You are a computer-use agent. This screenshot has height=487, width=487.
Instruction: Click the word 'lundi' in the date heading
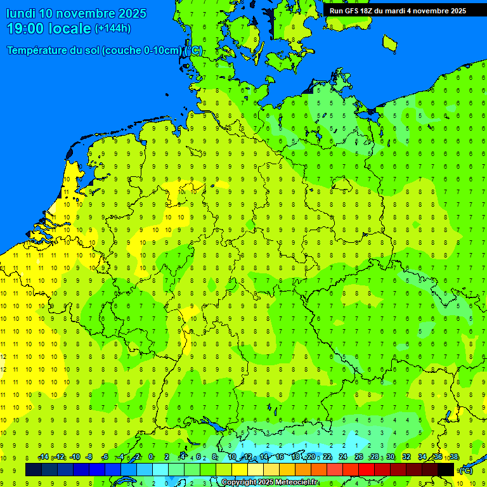click(20, 13)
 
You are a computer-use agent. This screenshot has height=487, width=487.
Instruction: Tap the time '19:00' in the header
click(28, 29)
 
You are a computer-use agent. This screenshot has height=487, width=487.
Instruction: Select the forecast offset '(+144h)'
click(112, 29)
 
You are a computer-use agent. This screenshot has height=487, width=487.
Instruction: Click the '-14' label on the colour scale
click(44, 457)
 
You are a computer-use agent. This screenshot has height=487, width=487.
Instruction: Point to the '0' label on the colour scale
click(151, 457)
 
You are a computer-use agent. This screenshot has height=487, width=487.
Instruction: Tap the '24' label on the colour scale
click(343, 457)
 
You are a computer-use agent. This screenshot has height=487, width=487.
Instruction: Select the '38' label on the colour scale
click(454, 457)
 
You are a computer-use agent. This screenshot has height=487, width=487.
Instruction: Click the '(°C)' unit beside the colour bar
click(466, 470)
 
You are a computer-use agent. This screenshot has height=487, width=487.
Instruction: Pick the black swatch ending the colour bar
click(446, 469)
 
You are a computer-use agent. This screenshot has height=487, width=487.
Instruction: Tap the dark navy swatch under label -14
click(34, 469)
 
